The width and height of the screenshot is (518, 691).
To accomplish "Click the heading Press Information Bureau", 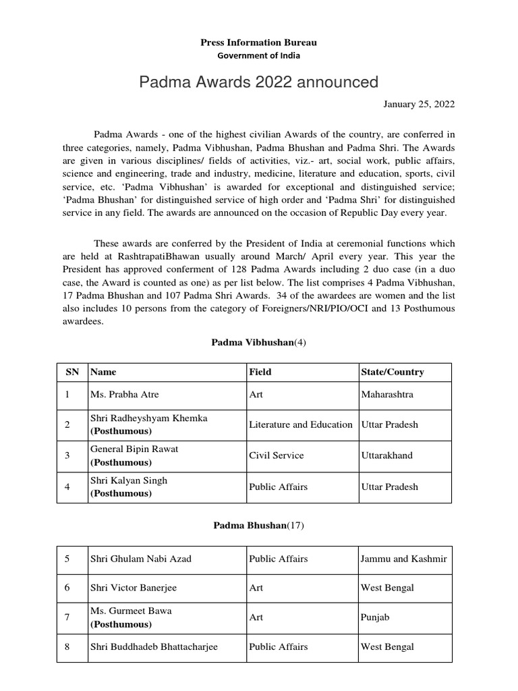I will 258,43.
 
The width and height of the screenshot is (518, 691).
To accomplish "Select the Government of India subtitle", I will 258,55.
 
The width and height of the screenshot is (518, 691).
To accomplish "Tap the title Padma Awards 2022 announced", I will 258,82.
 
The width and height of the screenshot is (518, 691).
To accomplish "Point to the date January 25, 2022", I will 420,104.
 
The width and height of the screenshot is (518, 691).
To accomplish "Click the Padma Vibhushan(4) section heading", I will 259,343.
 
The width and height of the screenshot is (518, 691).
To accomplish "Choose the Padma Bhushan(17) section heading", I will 259,526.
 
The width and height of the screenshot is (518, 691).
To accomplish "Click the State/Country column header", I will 393,372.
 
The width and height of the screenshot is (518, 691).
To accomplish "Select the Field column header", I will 260,372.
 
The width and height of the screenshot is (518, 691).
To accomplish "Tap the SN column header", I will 71,372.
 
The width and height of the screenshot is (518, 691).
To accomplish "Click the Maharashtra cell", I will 387,393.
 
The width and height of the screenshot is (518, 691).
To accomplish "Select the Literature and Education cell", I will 301,424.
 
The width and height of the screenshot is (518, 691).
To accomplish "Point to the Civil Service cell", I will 277,455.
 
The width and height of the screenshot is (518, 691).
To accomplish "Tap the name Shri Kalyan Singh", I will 129,480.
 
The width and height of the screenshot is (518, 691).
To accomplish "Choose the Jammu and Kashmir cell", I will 403,559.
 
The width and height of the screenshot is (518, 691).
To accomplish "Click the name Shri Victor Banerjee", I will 134,587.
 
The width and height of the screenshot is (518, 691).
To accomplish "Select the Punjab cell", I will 375,617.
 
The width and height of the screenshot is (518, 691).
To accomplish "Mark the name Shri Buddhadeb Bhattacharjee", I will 154,646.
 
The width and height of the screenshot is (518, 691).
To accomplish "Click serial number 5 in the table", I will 67,559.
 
